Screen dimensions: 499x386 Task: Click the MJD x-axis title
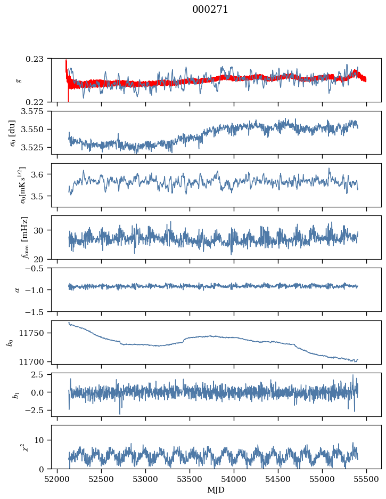216,489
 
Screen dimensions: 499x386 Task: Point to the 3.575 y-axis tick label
34,111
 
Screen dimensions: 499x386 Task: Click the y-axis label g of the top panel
19,80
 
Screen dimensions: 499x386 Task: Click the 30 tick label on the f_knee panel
42,230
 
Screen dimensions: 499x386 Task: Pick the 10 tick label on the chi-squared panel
42,440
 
